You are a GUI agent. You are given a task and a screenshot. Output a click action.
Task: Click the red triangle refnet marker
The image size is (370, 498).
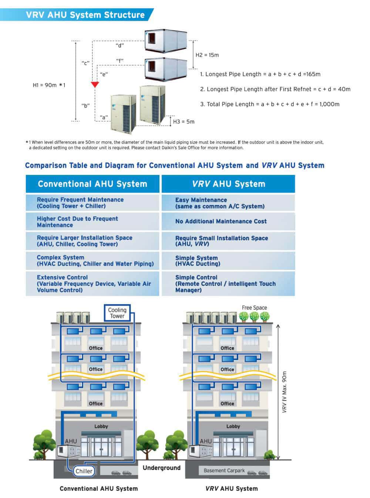pyautogui.click(x=95, y=84)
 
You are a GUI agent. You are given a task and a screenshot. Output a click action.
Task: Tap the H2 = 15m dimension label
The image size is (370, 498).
pyautogui.click(x=207, y=55)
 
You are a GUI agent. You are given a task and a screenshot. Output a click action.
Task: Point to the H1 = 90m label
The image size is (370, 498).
pyautogui.click(x=49, y=85)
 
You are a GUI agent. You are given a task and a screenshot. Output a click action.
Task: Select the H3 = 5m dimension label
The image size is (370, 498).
pyautogui.click(x=184, y=121)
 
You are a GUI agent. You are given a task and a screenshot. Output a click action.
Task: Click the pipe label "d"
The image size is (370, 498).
pyautogui.click(x=119, y=45)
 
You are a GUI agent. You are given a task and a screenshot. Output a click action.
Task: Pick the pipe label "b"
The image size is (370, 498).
pyautogui.click(x=85, y=105)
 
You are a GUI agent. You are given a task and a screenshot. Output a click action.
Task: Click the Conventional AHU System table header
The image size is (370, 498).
pyautogui.click(x=92, y=184)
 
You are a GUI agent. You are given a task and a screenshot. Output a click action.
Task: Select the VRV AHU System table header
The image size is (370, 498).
pyautogui.click(x=228, y=184)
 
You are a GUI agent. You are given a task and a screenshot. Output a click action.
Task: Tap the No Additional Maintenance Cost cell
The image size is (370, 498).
pyautogui.click(x=221, y=221)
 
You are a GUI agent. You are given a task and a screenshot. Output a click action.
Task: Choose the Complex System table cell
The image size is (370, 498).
pyautogui.click(x=95, y=260)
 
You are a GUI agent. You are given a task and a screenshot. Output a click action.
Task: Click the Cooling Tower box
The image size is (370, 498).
pyautogui.click(x=117, y=313)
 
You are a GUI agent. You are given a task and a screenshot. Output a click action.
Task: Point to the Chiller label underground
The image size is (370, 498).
pyautogui.click(x=84, y=471)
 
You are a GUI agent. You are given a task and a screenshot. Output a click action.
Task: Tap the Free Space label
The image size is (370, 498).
pyautogui.click(x=254, y=308)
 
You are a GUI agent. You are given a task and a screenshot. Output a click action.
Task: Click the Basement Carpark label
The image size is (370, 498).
pyautogui.click(x=224, y=471)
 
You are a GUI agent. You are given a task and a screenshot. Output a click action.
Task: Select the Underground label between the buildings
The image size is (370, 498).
pyautogui.click(x=162, y=468)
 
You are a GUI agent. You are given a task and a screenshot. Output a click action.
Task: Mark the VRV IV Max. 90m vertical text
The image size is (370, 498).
pyautogui.click(x=284, y=392)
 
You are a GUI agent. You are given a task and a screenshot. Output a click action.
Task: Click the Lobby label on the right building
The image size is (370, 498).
pyautogui.click(x=233, y=426)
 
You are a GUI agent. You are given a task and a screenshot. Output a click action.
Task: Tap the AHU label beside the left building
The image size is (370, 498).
pyautogui.click(x=71, y=441)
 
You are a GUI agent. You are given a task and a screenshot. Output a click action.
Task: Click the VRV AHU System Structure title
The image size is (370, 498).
pyautogui.click(x=85, y=15)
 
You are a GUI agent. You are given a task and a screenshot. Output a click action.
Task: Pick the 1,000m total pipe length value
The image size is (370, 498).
pyautogui.click(x=329, y=104)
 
